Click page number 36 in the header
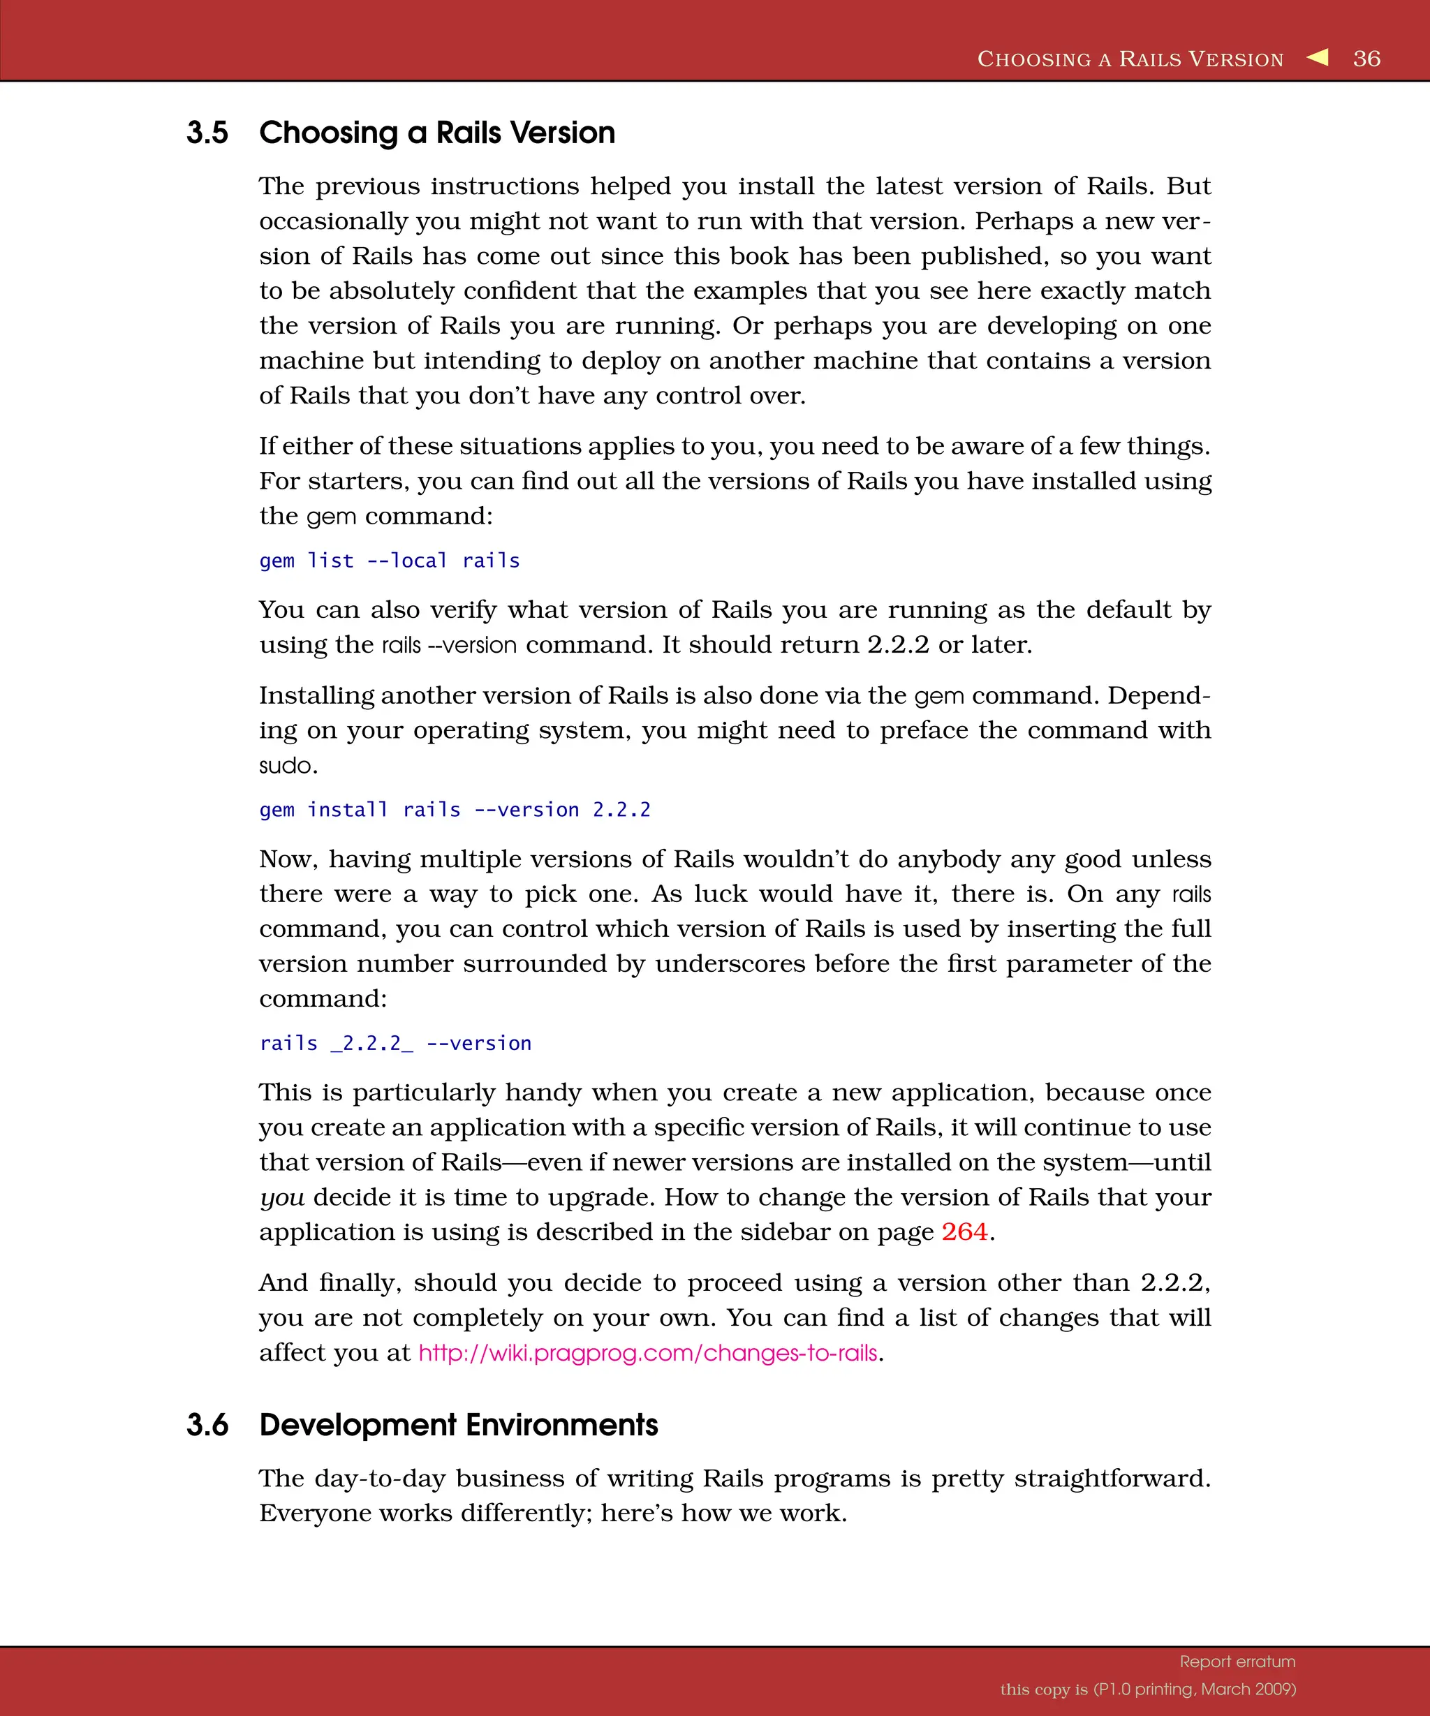pyautogui.click(x=1366, y=59)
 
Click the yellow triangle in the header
pyautogui.click(x=1318, y=57)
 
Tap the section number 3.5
pyautogui.click(x=207, y=133)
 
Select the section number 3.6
pyautogui.click(x=207, y=1425)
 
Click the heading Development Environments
pyautogui.click(x=459, y=1425)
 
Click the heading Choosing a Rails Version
pyautogui.click(x=437, y=133)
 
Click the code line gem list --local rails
pyautogui.click(x=390, y=561)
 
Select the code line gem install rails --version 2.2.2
pyautogui.click(x=455, y=810)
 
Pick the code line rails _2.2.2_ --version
pyautogui.click(x=395, y=1044)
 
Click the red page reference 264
pyautogui.click(x=964, y=1231)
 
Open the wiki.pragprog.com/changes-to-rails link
pyautogui.click(x=648, y=1353)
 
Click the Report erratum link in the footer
pyautogui.click(x=1237, y=1662)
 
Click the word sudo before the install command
pyautogui.click(x=288, y=766)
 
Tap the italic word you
pyautogui.click(x=282, y=1197)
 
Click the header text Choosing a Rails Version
pyautogui.click(x=1130, y=59)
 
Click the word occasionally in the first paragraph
pyautogui.click(x=333, y=221)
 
